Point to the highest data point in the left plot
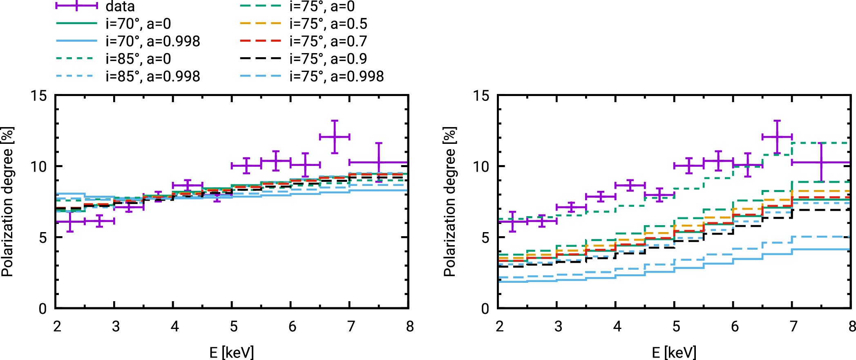coord(335,136)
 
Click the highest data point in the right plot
coord(777,136)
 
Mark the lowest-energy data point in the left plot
coord(70,221)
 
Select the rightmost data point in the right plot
coord(821,162)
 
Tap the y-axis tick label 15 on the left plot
coord(38,96)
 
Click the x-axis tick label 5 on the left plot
coord(233,326)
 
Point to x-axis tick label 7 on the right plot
coord(793,326)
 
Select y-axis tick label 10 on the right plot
coord(481,167)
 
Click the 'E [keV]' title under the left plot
coord(231,352)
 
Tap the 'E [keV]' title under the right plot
coord(674,352)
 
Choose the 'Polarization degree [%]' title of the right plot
coord(449,202)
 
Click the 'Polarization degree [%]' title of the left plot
coord(7,202)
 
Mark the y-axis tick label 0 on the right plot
coord(485,309)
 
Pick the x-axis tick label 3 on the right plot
coord(558,326)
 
